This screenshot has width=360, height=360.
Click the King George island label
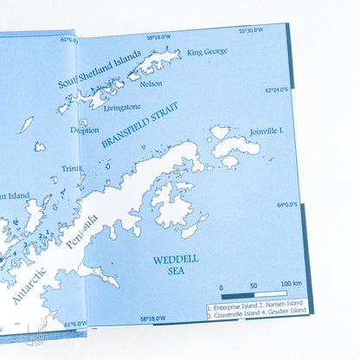click(208, 52)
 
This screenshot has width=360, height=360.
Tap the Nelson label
click(151, 84)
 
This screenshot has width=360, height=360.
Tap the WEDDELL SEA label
click(170, 264)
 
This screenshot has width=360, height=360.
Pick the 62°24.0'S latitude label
click(280, 88)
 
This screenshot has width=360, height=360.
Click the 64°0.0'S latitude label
click(286, 205)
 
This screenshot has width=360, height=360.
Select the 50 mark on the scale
click(253, 285)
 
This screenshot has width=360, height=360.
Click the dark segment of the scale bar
click(236, 295)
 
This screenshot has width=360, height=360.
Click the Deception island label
click(85, 130)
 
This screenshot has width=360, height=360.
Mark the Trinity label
click(72, 169)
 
